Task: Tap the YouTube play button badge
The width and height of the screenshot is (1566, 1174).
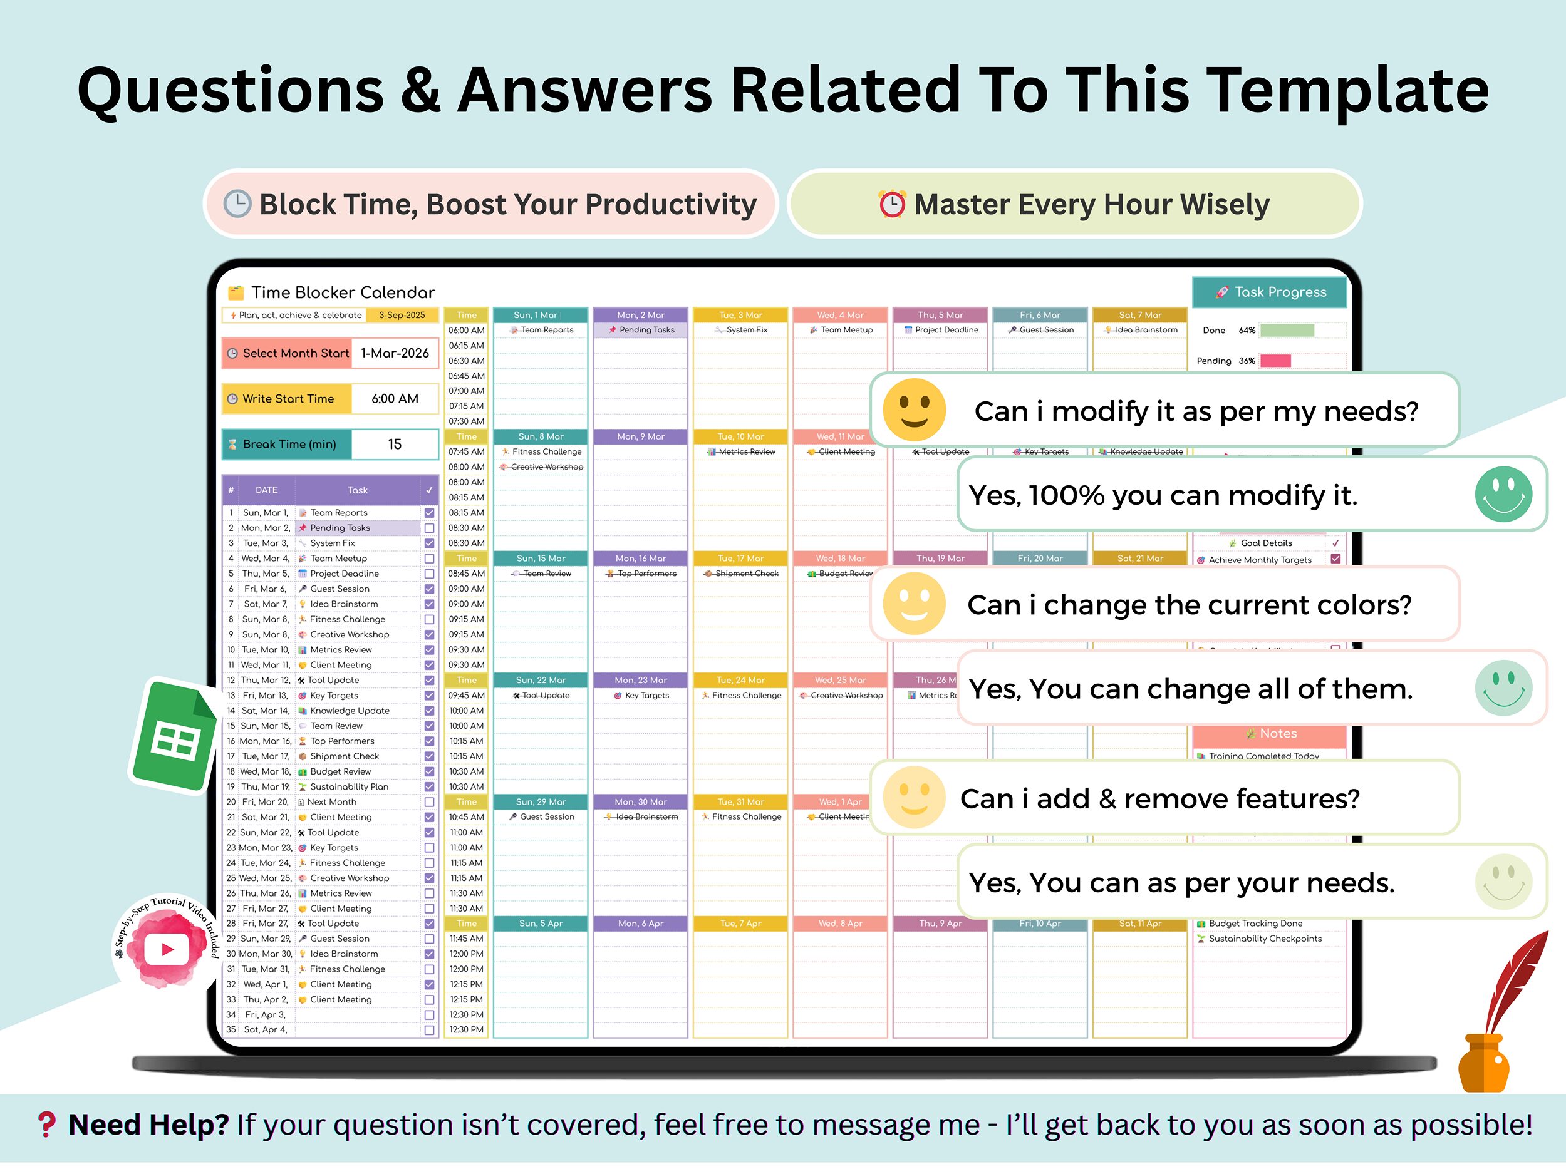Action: pos(167,949)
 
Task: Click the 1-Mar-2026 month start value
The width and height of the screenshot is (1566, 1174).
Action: pos(395,353)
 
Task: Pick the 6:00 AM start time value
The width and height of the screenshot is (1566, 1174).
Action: pos(395,399)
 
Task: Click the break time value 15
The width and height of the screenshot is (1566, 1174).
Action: pos(395,445)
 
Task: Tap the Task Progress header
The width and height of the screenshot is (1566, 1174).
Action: pos(1269,292)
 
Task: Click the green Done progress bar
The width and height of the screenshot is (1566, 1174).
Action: pos(1287,331)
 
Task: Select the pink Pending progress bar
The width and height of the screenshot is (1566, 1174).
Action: pos(1276,361)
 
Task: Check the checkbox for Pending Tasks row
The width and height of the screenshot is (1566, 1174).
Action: pos(429,528)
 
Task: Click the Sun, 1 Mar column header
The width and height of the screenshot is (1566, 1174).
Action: pos(540,315)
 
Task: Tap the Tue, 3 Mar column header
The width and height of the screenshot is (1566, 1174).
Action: pos(740,315)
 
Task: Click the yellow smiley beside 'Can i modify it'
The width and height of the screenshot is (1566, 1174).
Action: pos(914,409)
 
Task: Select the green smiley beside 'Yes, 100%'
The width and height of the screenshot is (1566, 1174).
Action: pos(1503,494)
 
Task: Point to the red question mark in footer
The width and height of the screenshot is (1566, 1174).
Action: pos(47,1125)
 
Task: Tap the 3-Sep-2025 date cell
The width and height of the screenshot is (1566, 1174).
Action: pos(402,315)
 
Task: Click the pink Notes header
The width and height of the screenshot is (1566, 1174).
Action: pos(1269,734)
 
